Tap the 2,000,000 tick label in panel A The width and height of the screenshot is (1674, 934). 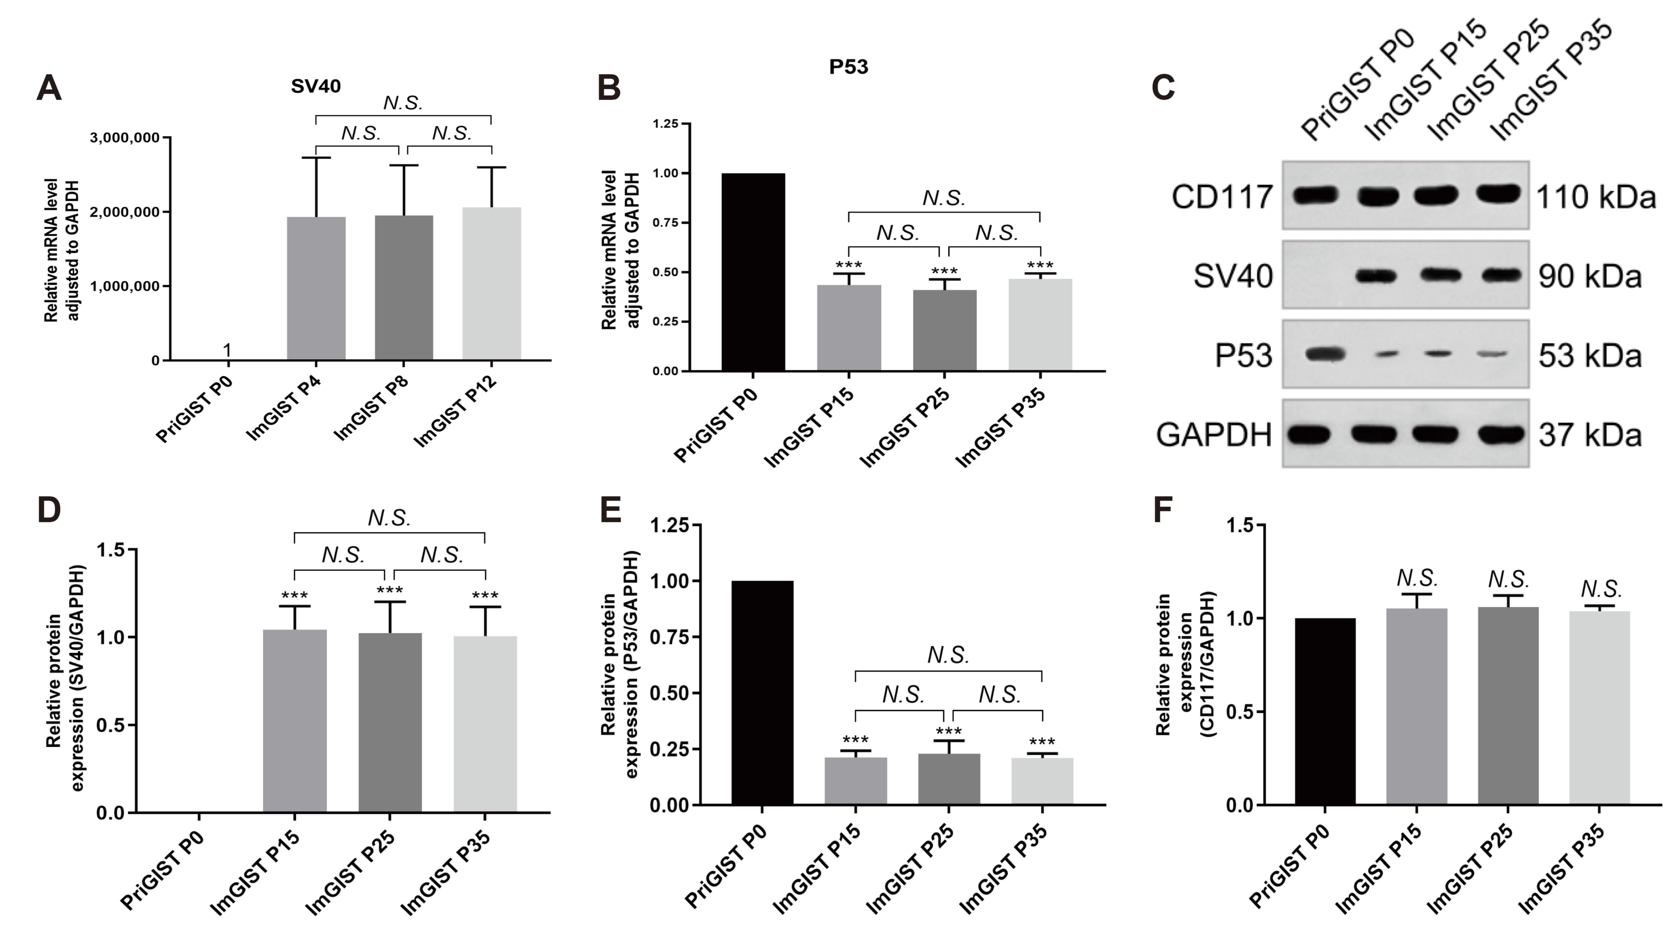124,212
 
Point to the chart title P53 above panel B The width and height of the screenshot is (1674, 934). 848,67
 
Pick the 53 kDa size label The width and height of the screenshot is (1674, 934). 1589,355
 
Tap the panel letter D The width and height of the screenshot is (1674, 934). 49,511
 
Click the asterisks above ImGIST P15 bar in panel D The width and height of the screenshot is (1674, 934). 294,595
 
